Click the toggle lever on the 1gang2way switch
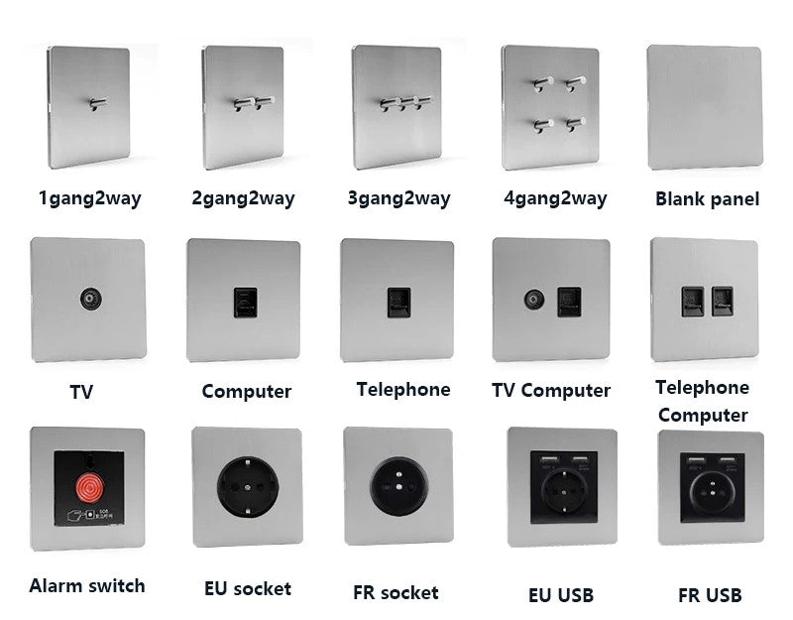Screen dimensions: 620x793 98,103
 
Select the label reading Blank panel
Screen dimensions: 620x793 707,198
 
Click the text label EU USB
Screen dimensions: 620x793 561,595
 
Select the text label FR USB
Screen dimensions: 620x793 710,595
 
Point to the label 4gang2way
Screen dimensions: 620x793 555,198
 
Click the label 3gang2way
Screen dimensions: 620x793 398,198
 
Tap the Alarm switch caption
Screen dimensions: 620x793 87,585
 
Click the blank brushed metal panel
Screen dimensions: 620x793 704,107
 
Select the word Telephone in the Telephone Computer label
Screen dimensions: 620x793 702,387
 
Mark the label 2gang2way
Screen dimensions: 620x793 243,198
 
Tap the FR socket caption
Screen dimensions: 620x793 396,593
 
